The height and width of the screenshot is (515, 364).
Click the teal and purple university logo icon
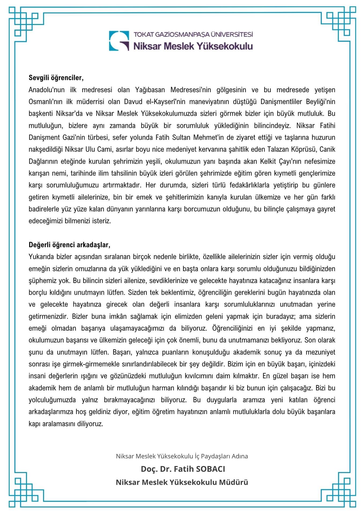click(119, 41)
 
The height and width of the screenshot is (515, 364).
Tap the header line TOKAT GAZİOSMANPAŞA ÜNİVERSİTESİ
click(193, 35)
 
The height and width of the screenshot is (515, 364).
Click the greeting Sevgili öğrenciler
click(56, 78)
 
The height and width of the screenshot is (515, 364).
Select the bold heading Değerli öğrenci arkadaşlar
click(69, 245)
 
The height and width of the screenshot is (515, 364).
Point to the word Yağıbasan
click(150, 90)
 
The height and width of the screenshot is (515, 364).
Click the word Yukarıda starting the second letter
click(42, 257)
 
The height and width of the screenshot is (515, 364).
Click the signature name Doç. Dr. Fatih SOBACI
click(183, 469)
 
